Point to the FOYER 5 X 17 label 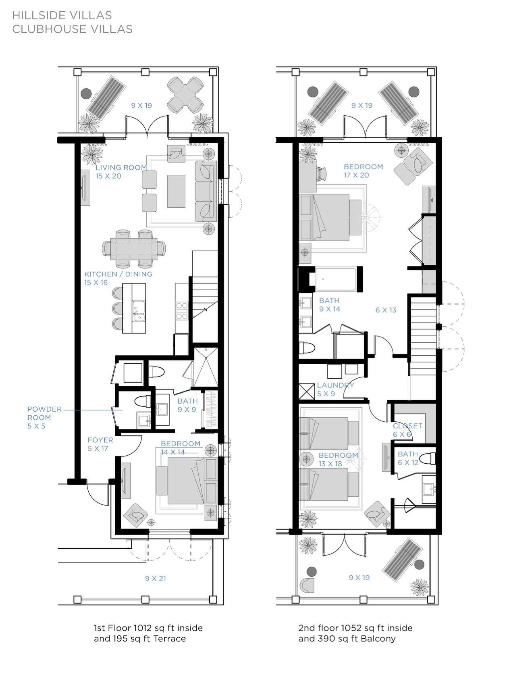100,444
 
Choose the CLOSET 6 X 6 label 407,430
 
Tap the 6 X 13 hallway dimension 386,310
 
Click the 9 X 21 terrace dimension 156,579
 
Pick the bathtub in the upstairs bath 336,279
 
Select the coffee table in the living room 176,191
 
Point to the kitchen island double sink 139,311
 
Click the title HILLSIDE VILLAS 62,15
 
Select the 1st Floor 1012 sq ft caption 148,628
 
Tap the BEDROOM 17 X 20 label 363,171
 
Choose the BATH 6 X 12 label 408,458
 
